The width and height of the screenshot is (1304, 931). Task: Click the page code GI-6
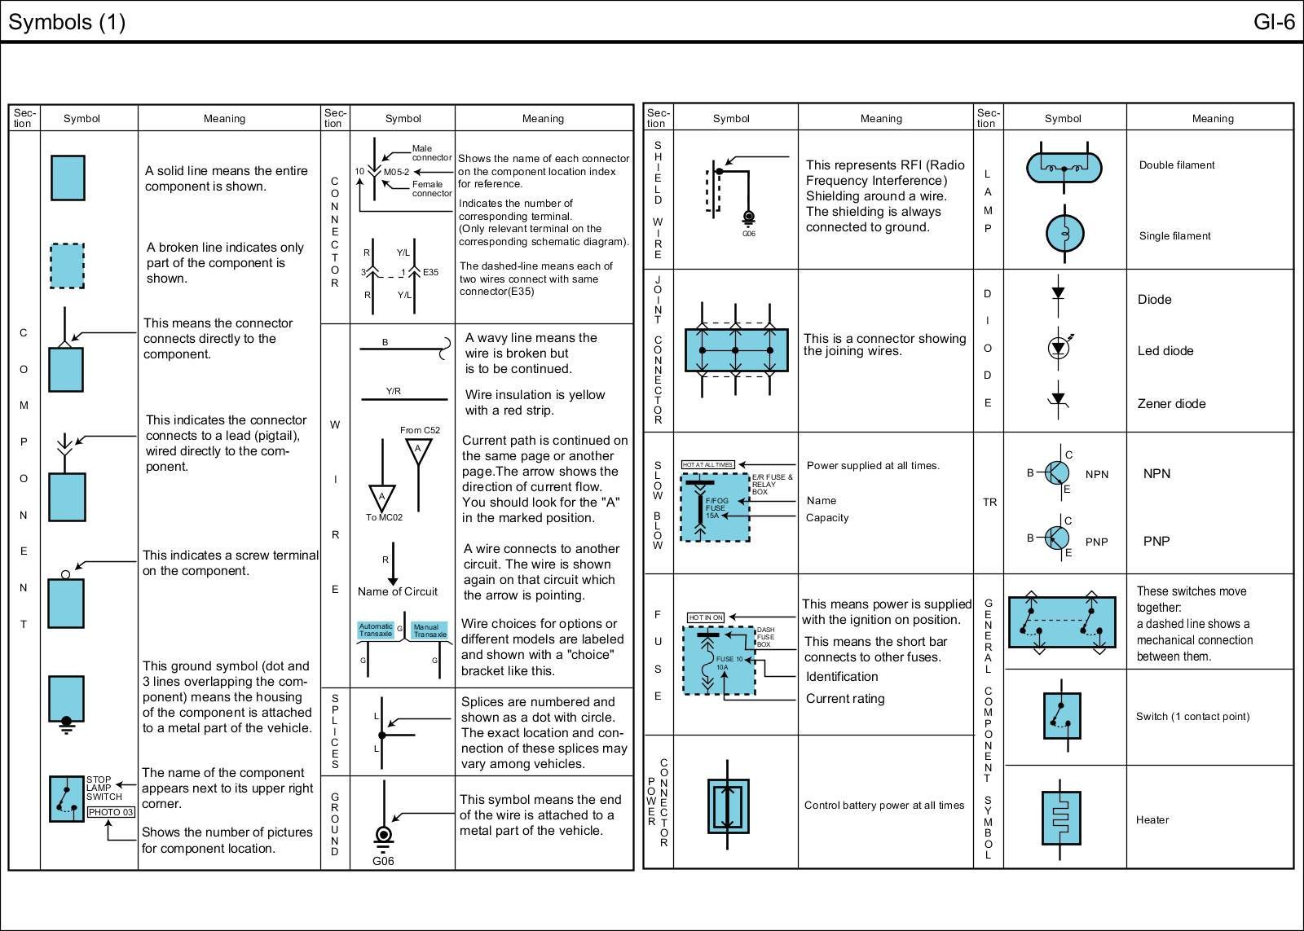(x=1274, y=22)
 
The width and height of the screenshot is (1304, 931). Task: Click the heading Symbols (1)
(x=67, y=22)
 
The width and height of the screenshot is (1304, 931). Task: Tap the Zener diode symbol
(x=1058, y=401)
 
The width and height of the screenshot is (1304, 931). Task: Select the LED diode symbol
(x=1059, y=348)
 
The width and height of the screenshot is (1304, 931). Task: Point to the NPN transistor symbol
(x=1057, y=472)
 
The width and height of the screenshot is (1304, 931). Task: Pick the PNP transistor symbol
(x=1057, y=538)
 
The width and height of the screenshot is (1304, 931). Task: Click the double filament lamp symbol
(x=1064, y=168)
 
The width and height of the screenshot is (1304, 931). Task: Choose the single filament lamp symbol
(x=1064, y=234)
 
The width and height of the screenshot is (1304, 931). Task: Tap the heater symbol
(x=1060, y=818)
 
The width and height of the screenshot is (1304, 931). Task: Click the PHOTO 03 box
(x=110, y=812)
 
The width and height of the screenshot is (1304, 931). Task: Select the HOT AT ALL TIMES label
(x=707, y=464)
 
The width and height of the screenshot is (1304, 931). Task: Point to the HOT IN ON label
(x=706, y=617)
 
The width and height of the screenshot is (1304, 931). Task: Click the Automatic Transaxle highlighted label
(x=376, y=630)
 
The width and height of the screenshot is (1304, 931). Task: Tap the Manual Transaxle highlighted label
(x=430, y=630)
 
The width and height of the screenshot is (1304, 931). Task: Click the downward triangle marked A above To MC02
(x=381, y=497)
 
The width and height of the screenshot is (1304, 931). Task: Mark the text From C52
(x=420, y=430)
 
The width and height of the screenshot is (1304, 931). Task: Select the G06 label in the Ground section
(x=383, y=861)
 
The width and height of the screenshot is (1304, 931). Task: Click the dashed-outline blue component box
(x=67, y=265)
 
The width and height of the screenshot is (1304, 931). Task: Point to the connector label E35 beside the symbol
(x=430, y=272)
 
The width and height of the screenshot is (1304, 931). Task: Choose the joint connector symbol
(x=736, y=350)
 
